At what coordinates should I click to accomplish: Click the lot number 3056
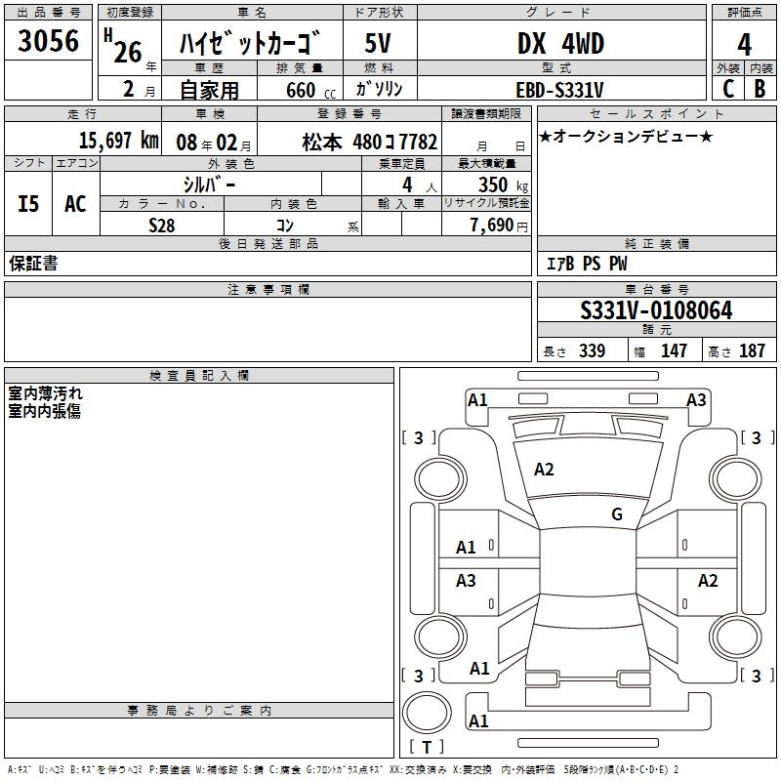click(49, 43)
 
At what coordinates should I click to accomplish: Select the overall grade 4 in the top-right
click(744, 45)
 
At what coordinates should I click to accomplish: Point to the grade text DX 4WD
click(560, 44)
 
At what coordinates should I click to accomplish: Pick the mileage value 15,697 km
click(118, 140)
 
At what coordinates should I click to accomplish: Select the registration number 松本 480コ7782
click(370, 141)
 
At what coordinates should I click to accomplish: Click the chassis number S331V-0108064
click(656, 310)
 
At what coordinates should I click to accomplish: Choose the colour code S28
click(161, 225)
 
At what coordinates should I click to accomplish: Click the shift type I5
click(29, 203)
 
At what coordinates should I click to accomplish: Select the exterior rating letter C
click(727, 89)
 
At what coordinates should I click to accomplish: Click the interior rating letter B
click(760, 89)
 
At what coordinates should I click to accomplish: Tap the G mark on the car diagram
click(617, 514)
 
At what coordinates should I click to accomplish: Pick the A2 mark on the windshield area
click(544, 470)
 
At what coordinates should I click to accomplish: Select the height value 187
click(753, 351)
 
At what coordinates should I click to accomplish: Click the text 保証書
click(33, 264)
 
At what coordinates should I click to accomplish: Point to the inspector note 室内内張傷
click(44, 411)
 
